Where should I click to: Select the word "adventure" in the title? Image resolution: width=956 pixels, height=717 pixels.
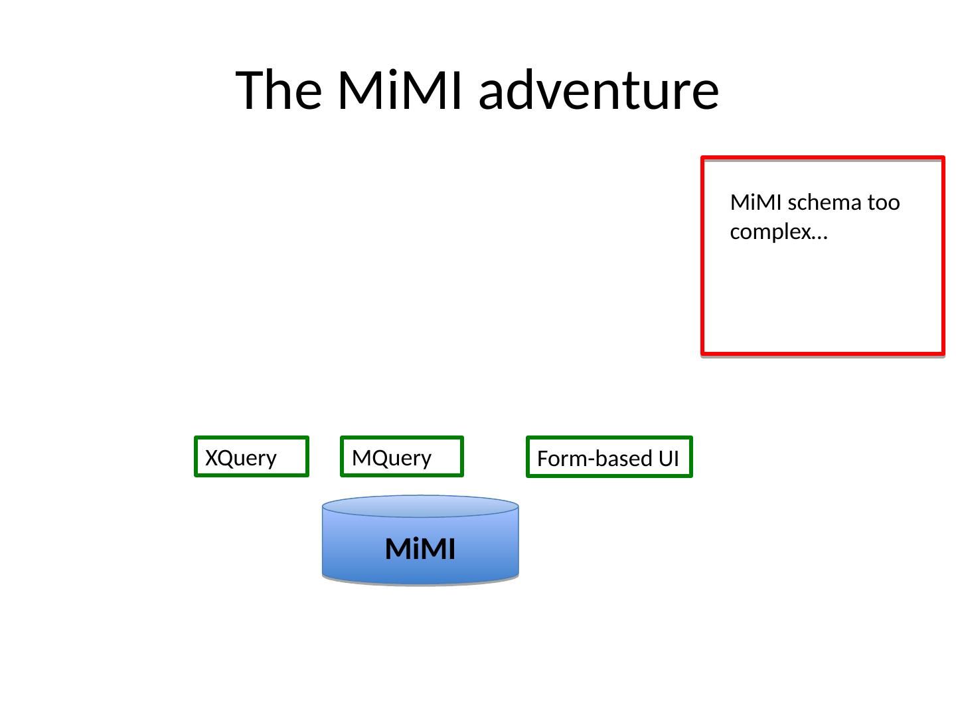click(598, 91)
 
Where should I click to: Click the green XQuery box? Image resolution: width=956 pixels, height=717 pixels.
click(252, 457)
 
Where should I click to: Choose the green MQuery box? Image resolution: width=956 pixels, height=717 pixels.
click(402, 457)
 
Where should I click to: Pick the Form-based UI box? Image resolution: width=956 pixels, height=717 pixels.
click(609, 457)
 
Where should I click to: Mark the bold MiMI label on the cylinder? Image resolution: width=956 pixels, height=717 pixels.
click(420, 549)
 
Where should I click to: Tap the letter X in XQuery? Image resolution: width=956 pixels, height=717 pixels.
click(211, 458)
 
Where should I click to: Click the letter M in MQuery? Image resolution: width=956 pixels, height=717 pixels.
click(360, 458)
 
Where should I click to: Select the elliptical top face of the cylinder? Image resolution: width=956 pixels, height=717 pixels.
click(420, 506)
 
